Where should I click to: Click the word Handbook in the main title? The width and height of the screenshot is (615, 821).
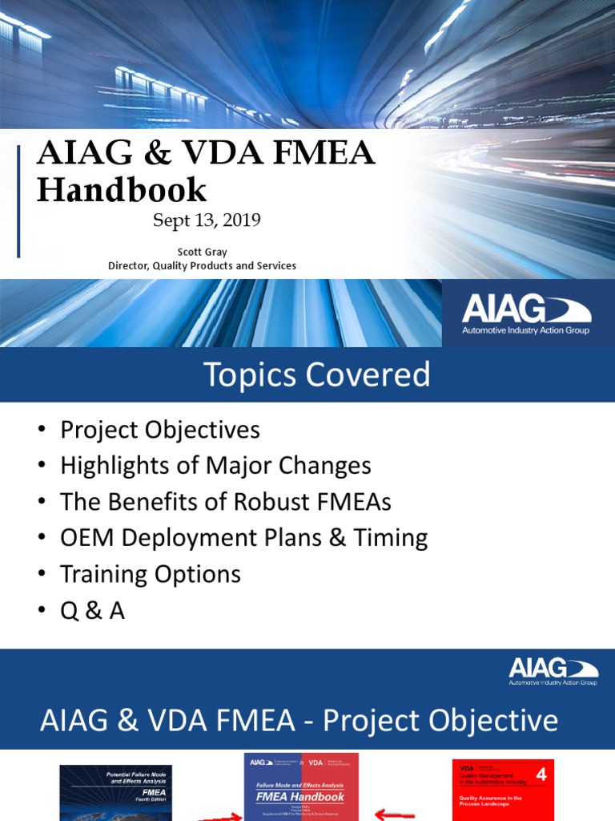pos(122,190)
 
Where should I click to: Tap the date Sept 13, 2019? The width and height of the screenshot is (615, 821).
pos(207,220)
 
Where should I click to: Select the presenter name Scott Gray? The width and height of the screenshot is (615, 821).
pos(202,252)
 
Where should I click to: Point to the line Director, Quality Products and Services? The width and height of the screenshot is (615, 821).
pos(202,265)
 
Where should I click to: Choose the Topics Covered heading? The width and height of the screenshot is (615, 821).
pos(316,374)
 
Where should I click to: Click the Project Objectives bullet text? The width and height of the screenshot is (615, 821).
pos(160,430)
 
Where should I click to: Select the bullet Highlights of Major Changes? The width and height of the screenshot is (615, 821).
pos(215,466)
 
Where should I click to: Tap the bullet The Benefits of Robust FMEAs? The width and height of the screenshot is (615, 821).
pos(226,502)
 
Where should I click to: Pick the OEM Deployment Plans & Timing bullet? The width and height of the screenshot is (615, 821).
pos(243,538)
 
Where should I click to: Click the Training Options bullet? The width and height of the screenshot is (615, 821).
pos(151,574)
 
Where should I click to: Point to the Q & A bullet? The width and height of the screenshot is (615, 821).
pos(92,611)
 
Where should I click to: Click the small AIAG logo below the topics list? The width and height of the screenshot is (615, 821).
pos(553,671)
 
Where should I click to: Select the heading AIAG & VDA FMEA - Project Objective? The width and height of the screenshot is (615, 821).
pos(299,721)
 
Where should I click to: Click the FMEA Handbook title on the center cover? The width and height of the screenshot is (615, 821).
pos(301,797)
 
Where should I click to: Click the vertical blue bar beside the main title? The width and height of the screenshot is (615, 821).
pos(19,201)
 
